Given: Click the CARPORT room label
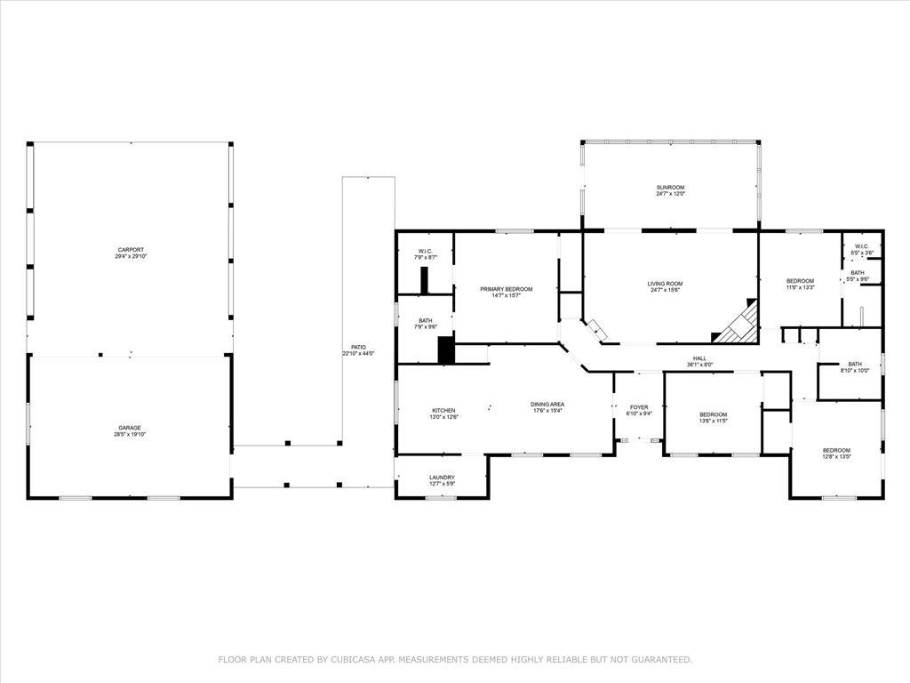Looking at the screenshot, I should pos(130,250).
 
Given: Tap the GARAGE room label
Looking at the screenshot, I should pos(130,428).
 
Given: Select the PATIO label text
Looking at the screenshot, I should pos(358,347).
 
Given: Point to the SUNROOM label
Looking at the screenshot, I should pos(670,187).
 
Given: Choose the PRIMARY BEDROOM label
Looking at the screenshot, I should pos(506,289).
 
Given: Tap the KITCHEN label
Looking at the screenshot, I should pos(443,410).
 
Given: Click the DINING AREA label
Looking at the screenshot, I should pos(547,404).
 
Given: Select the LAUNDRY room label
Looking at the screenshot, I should pos(442,478).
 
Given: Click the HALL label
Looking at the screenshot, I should pos(699,358).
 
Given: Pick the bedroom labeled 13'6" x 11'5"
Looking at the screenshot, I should pos(713,414).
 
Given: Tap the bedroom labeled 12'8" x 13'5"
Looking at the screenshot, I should pos(835,450).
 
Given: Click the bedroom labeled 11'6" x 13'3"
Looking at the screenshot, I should pos(800,281).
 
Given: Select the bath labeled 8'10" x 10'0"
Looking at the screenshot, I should pos(854,364).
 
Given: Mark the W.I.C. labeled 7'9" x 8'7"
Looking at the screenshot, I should pos(425,251).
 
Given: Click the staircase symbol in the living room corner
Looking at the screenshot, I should pos(738,325).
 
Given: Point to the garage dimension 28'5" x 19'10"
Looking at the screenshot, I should pos(130,435).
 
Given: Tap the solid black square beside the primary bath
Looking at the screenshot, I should pos(446,350).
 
